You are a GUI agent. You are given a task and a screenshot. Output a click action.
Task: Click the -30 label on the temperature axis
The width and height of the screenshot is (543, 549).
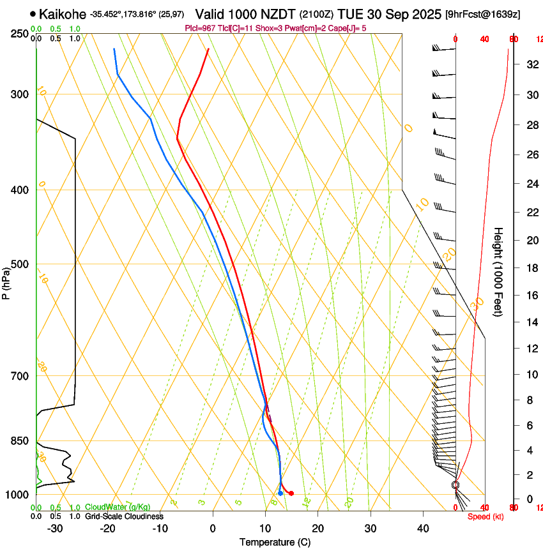pos(55,529)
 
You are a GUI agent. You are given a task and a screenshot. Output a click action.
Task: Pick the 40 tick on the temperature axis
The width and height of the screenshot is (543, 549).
pos(422,529)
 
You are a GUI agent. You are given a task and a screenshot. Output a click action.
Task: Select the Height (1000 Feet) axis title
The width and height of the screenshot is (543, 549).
pos(499,272)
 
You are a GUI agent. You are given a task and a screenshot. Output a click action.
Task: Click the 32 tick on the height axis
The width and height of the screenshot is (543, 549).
pos(531,64)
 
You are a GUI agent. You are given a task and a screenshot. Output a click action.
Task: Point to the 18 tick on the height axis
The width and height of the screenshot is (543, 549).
pos(531,268)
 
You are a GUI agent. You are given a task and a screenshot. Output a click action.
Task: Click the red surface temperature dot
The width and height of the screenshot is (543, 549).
pos(291,493)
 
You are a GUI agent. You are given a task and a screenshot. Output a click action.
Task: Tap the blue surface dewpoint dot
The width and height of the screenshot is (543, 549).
pos(280,493)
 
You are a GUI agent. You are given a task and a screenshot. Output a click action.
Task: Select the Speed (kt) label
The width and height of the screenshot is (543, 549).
pos(486,516)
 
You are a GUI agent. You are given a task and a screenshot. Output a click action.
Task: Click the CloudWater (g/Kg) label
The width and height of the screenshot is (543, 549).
pos(118,507)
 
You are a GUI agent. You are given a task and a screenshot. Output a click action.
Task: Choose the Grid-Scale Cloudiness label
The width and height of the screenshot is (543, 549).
pos(123,516)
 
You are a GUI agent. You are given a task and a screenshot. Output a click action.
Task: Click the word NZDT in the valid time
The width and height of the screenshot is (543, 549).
pos(277,14)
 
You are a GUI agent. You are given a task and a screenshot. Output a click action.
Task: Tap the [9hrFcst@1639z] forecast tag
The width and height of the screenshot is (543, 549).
pos(482,14)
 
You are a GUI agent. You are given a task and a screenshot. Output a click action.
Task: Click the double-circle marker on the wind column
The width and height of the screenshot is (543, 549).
pos(455,485)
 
